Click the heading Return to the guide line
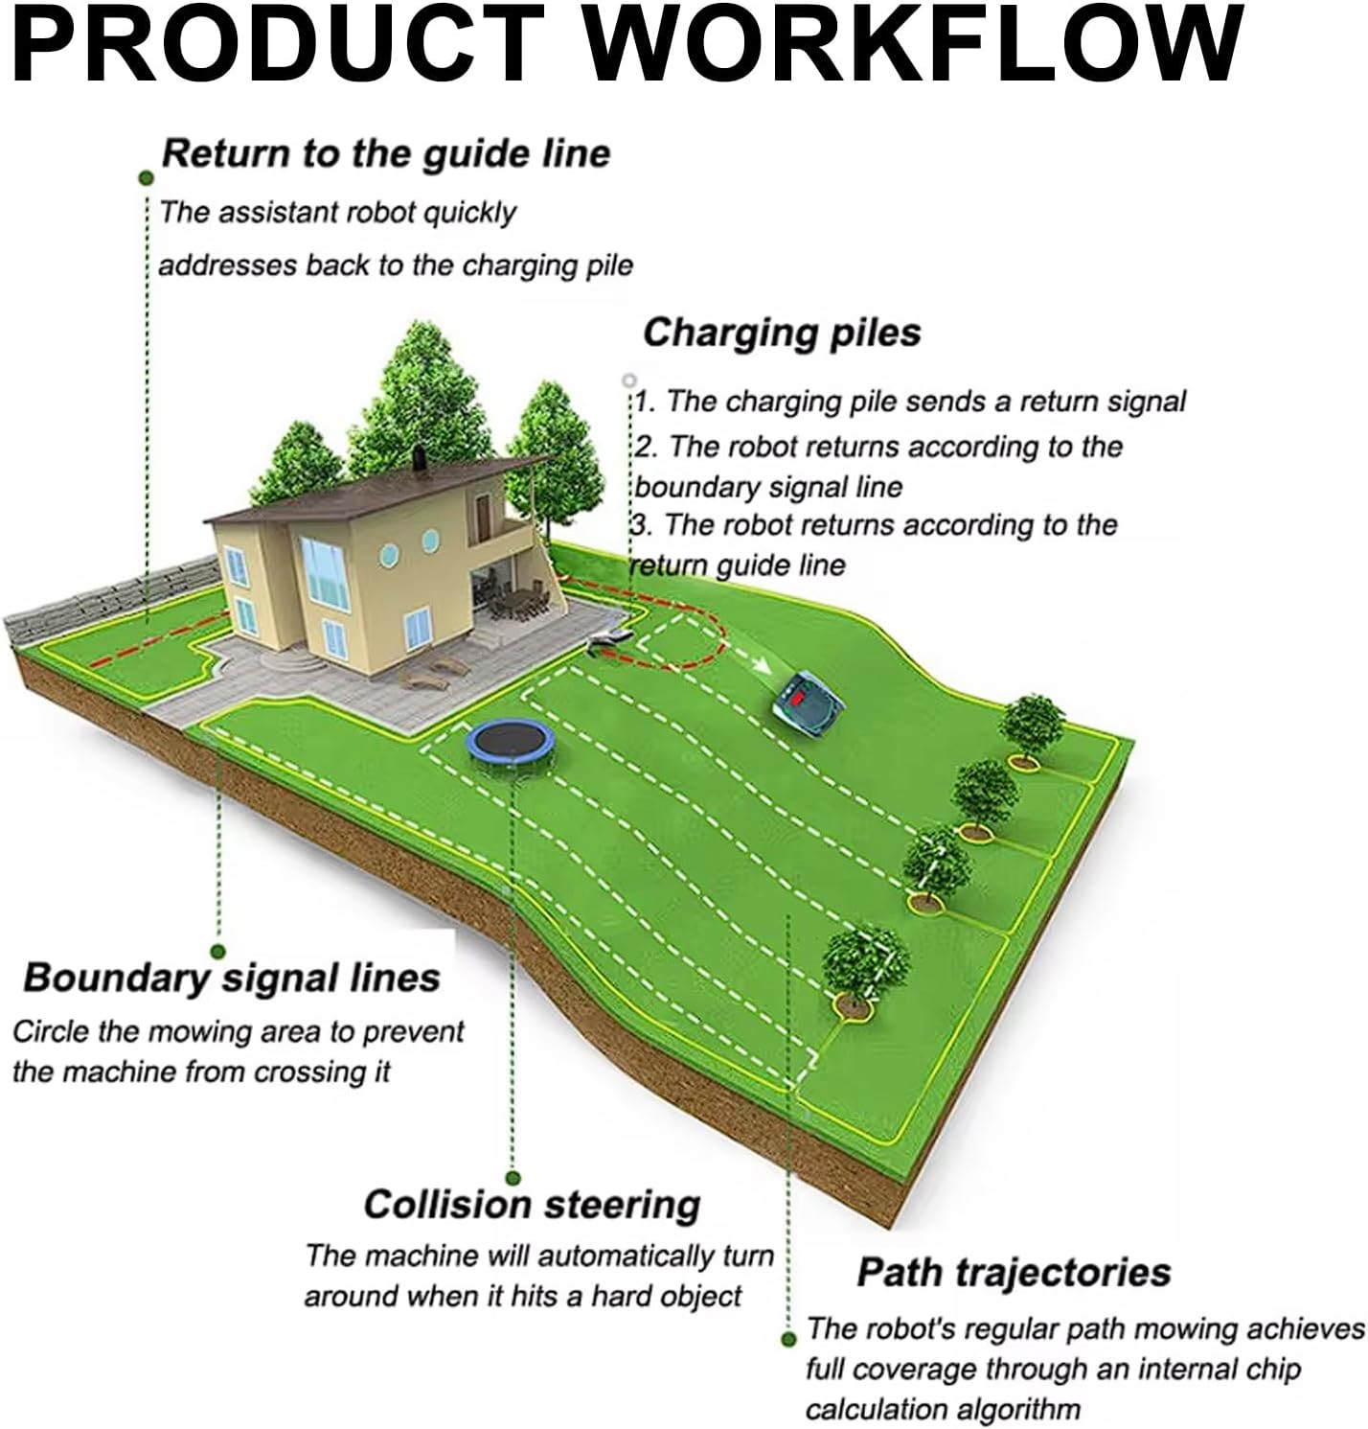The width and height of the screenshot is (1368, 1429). pyautogui.click(x=385, y=153)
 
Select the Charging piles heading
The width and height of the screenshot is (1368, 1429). pyautogui.click(x=782, y=333)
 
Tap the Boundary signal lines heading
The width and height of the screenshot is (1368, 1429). pyautogui.click(x=231, y=978)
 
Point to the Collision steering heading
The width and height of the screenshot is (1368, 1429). pyautogui.click(x=532, y=1204)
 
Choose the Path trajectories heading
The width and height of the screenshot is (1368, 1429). pyautogui.click(x=1014, y=1272)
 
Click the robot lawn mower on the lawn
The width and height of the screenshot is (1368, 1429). pyautogui.click(x=810, y=704)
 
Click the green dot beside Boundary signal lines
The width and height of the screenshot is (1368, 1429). pyautogui.click(x=217, y=952)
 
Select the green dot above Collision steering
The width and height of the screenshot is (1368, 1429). pyautogui.click(x=513, y=1178)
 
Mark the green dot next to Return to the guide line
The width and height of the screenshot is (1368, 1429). pyautogui.click(x=147, y=177)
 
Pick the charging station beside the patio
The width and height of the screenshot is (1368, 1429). pyautogui.click(x=609, y=638)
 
